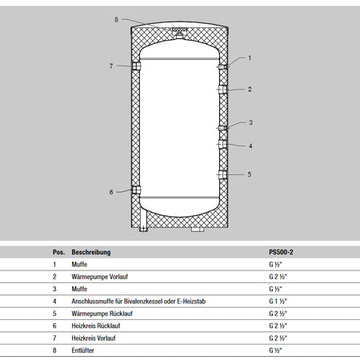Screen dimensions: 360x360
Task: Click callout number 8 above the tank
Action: click(116, 19)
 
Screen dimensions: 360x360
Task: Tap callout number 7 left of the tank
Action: click(111, 66)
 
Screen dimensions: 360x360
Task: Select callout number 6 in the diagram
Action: click(111, 192)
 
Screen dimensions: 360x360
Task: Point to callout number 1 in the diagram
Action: click(250, 58)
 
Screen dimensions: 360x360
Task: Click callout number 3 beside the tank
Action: click(250, 122)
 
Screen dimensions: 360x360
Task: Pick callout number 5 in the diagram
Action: click(250, 174)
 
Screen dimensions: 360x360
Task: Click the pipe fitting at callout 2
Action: click(222, 90)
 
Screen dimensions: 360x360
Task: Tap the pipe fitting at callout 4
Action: click(222, 144)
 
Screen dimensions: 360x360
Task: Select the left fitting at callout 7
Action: click(136, 66)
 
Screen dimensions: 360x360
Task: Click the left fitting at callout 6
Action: click(136, 190)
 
